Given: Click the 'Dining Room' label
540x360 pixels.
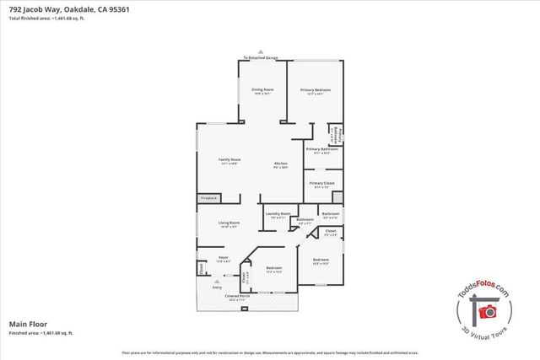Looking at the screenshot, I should click(262, 89).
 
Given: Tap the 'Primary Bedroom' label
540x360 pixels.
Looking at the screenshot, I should click(315, 89).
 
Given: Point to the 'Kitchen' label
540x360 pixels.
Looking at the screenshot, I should click(281, 164).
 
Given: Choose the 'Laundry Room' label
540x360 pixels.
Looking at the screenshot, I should click(278, 213).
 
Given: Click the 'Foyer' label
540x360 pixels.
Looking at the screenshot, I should click(224, 257).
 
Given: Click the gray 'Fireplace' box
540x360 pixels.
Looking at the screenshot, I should click(208, 198).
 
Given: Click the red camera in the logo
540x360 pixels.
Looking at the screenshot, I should click(487, 311).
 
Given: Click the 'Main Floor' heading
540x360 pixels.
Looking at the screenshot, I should click(28, 323).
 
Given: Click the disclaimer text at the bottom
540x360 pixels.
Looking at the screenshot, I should click(269, 352).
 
